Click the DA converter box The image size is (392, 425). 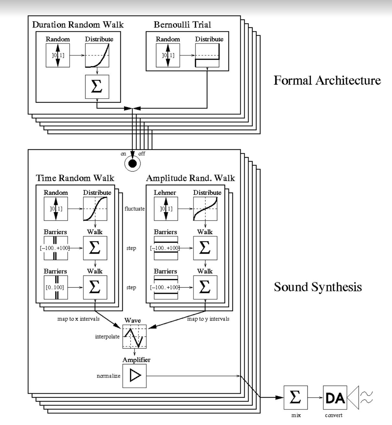(335, 397)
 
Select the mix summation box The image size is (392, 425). (295, 397)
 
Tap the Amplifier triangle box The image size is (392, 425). (134, 376)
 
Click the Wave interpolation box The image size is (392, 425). (134, 337)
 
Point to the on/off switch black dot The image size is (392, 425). (133, 164)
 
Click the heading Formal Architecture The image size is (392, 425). (327, 80)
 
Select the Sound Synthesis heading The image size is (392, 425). (318, 287)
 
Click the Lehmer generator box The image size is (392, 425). (166, 209)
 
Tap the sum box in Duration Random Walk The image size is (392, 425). (97, 87)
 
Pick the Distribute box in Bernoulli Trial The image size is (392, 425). (207, 55)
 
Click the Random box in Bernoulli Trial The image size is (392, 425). (168, 55)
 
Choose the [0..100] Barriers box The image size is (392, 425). (56, 287)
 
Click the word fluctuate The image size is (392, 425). (134, 209)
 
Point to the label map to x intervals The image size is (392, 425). (78, 319)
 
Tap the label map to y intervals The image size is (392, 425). (208, 319)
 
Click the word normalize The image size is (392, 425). (109, 376)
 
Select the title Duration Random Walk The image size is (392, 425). (78, 25)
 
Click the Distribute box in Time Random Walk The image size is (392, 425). (95, 209)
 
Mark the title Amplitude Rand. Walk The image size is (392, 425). (190, 178)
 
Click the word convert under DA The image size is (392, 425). (334, 415)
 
